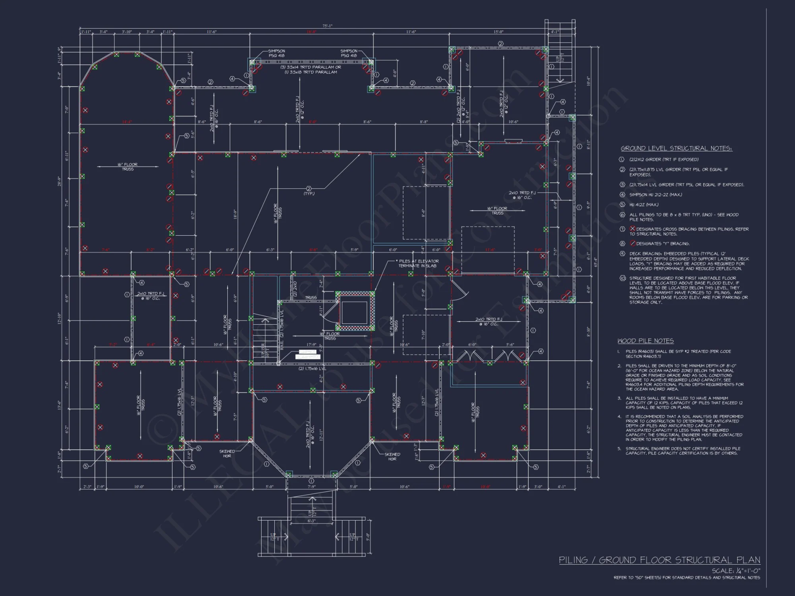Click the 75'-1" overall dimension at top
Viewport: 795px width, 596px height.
coord(327,26)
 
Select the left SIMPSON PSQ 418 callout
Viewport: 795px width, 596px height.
coord(276,53)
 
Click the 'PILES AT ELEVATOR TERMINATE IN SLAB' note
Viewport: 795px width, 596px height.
coord(419,263)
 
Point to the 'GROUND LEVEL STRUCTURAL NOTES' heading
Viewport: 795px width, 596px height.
coord(676,149)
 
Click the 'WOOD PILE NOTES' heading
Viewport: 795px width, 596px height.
coord(645,341)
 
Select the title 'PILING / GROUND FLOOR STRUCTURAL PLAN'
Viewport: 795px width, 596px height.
coord(659,560)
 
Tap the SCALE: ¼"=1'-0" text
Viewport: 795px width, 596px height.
coord(736,571)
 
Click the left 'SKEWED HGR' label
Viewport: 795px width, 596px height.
coord(227,453)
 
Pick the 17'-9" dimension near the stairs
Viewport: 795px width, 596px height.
coord(311,344)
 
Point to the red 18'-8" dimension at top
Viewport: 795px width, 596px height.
coord(311,32)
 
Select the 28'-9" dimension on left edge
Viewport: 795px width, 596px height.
coord(59,182)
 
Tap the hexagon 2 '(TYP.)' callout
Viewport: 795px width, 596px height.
coord(309,191)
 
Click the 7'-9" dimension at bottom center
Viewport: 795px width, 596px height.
coord(311,487)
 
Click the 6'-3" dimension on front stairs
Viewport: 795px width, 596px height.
coord(311,521)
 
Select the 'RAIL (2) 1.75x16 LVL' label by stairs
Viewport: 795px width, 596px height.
coord(282,330)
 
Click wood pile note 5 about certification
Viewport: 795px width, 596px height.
coord(682,451)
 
